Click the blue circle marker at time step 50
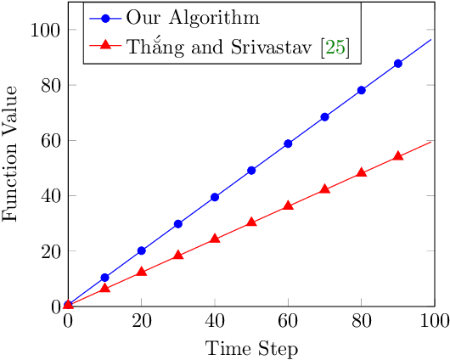(251, 171)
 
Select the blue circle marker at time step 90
(398, 64)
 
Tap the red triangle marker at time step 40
(215, 239)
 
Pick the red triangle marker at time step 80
(362, 172)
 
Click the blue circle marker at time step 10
(104, 278)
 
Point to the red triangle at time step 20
(141, 272)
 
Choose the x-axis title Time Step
(250, 347)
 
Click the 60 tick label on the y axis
(51, 141)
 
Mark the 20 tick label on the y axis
(51, 251)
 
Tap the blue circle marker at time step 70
(324, 116)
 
